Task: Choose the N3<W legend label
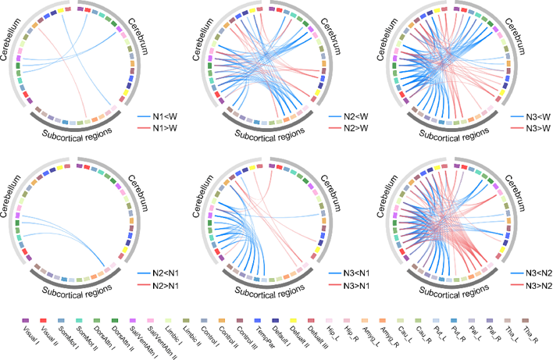click(x=531, y=117)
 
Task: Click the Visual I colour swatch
click(x=26, y=320)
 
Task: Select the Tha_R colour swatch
click(x=526, y=320)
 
